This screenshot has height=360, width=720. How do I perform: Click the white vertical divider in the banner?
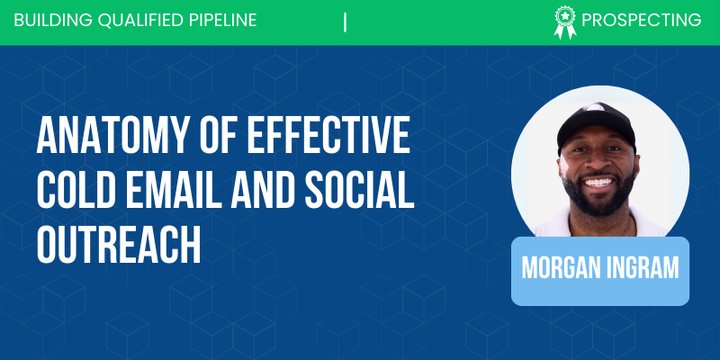345,22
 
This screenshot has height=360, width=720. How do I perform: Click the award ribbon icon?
565,22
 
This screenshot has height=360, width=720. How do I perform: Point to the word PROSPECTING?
642,20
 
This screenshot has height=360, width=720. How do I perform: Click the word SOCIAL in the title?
358,190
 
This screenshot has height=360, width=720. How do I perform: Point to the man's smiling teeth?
599,183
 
